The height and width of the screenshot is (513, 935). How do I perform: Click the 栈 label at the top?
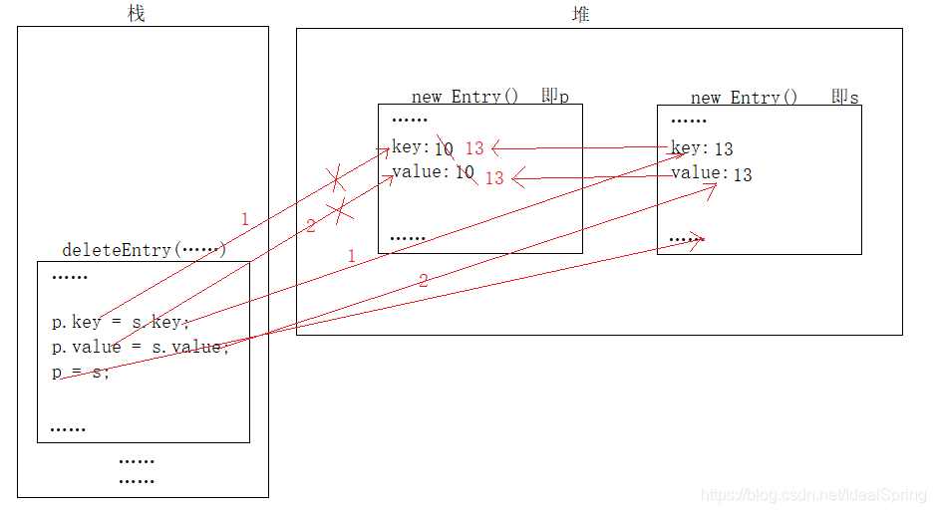[137, 13]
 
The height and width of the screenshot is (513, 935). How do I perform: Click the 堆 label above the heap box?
[581, 13]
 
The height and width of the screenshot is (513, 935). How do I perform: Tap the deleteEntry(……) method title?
[145, 249]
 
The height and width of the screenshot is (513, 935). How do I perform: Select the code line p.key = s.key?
[121, 322]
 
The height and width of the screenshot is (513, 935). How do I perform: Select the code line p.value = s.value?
[141, 347]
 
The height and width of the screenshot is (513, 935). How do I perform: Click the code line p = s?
[81, 372]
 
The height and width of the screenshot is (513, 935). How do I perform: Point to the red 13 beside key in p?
[474, 148]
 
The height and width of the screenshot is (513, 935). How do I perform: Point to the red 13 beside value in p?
[494, 179]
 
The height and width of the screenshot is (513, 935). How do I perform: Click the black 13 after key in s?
[724, 149]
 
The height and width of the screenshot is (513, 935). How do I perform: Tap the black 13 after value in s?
[743, 175]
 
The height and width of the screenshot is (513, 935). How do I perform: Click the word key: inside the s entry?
[690, 148]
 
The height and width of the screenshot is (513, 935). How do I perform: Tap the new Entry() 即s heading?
[775, 97]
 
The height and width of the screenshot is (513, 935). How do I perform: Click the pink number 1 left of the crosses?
[244, 218]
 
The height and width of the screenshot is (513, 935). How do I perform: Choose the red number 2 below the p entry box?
[423, 281]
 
